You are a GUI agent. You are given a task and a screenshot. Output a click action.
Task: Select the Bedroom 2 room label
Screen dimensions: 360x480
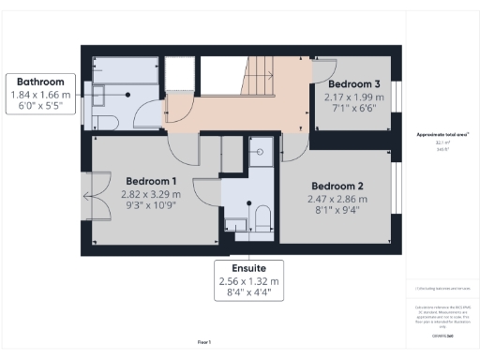click(x=337, y=185)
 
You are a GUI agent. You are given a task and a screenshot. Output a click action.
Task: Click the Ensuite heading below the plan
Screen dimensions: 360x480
click(x=247, y=267)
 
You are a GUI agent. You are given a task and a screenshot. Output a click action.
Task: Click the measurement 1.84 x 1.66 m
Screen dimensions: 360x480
click(x=37, y=96)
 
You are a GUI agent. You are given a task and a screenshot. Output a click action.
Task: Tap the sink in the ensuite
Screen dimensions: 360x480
click(x=234, y=223)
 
